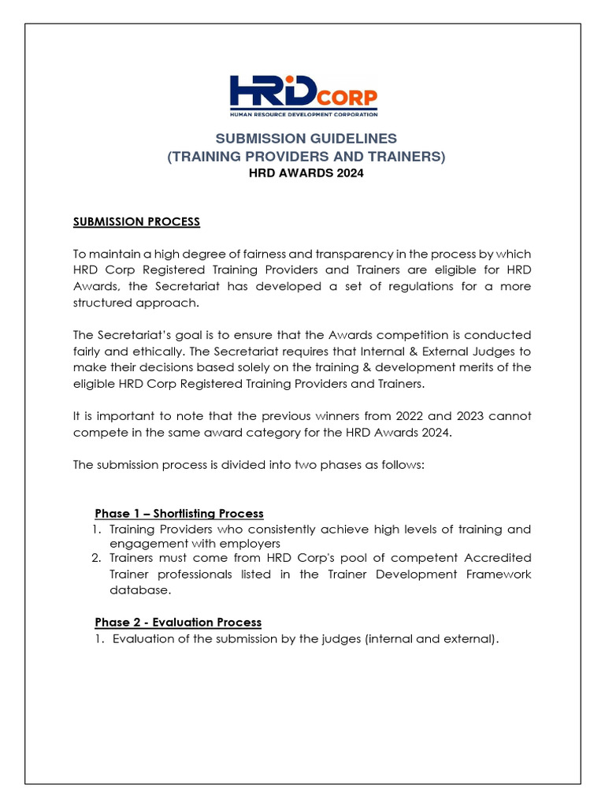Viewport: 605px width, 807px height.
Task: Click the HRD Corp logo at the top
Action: click(303, 95)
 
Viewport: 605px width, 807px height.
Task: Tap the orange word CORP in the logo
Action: click(347, 99)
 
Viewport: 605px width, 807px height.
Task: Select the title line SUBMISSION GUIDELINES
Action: click(306, 138)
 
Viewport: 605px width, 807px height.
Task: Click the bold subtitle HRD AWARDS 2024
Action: click(306, 173)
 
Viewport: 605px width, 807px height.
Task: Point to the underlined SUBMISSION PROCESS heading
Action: click(136, 221)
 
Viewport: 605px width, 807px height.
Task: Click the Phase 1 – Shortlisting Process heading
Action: click(179, 513)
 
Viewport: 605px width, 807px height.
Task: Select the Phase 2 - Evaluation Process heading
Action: click(178, 622)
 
